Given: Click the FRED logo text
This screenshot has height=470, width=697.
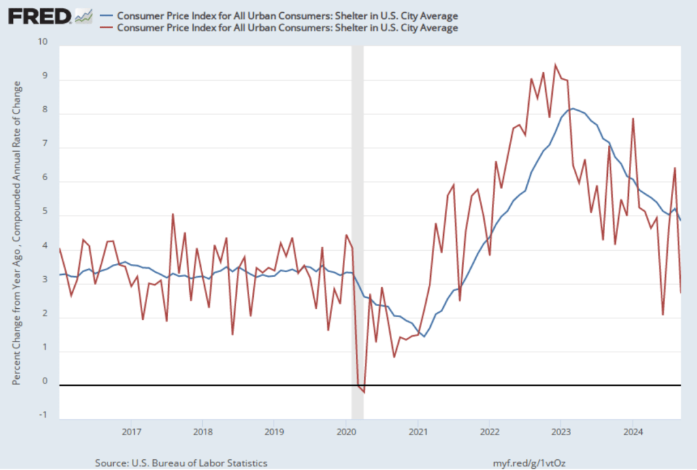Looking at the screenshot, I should [39, 15].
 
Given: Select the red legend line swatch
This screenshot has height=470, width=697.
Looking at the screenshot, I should [107, 28].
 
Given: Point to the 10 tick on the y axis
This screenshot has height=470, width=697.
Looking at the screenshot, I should [44, 42].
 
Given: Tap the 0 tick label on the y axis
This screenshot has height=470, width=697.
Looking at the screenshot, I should [46, 382].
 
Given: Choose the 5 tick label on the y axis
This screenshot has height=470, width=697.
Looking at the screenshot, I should [46, 212].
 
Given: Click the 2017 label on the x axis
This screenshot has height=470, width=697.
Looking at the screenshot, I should [131, 431].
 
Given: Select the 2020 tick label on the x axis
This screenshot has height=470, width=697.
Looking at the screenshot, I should [346, 431].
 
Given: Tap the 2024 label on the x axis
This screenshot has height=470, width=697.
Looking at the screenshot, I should [632, 431].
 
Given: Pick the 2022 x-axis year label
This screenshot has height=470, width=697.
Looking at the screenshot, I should [489, 431].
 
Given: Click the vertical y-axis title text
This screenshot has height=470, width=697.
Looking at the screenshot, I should [16, 231].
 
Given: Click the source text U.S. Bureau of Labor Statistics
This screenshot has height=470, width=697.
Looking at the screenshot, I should [181, 463].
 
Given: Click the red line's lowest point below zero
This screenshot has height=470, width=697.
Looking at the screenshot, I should [364, 392].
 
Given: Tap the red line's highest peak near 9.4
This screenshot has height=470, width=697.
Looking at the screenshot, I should [555, 65].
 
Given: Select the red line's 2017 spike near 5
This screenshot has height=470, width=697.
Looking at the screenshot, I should [173, 214].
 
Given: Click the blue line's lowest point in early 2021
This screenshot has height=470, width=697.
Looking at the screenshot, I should [424, 336].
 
